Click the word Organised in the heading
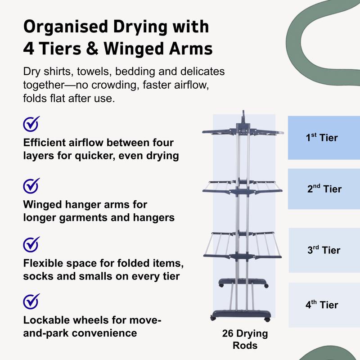pyautogui.click(x=66, y=27)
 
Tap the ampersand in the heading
pyautogui.click(x=92, y=49)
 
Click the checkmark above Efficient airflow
pyautogui.click(x=31, y=124)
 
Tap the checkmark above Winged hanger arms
pyautogui.click(x=31, y=186)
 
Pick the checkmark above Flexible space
pyautogui.click(x=31, y=244)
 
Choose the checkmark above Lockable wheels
pyautogui.click(x=31, y=301)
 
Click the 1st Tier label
pyautogui.click(x=322, y=137)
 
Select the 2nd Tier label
pyautogui.click(x=324, y=189)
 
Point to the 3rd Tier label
pyautogui.click(x=324, y=250)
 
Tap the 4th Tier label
pyautogui.click(x=322, y=305)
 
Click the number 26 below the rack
pyautogui.click(x=228, y=333)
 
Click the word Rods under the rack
pyautogui.click(x=245, y=345)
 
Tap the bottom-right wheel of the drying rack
pyautogui.click(x=267, y=319)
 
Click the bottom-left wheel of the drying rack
pyautogui.click(x=213, y=318)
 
